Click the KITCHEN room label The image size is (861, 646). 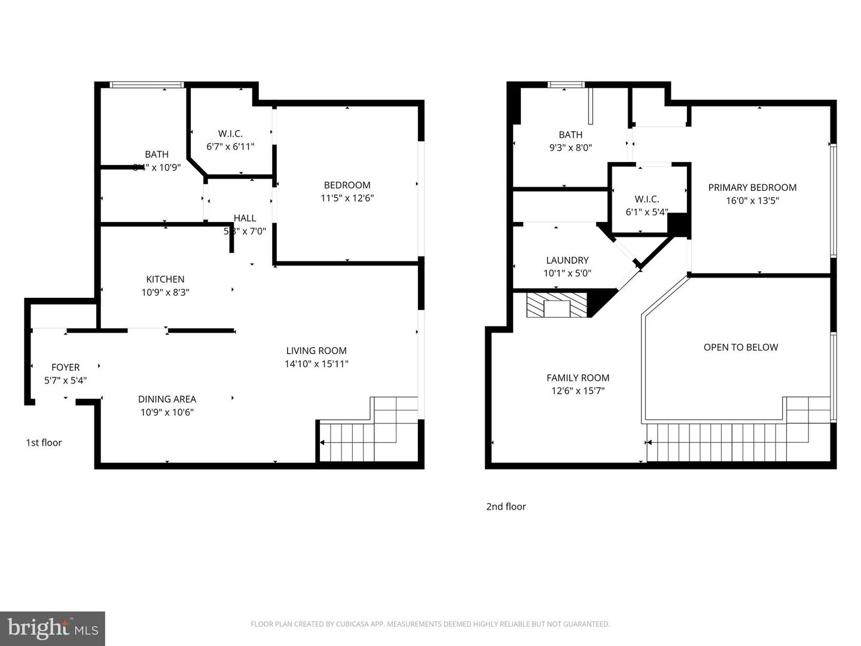tap(165, 279)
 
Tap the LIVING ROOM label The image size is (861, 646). tap(316, 351)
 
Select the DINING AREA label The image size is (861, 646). tap(167, 399)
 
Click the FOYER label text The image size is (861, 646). tap(65, 367)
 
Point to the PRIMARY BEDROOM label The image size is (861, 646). tap(752, 188)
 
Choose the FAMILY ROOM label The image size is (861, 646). tap(578, 378)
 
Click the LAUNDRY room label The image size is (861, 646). tap(567, 260)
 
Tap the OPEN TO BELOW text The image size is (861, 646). tap(741, 348)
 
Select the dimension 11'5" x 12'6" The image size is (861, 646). tap(347, 198)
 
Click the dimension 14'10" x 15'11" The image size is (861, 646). tap(316, 364)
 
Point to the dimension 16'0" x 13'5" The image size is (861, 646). tap(752, 201)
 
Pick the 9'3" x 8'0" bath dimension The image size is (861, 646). tap(570, 148)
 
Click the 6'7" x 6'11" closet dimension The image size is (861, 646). tap(230, 147)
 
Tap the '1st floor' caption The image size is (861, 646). tap(44, 443)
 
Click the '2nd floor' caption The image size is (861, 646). tap(506, 507)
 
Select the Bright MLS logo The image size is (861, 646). tap(53, 628)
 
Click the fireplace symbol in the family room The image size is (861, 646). tap(557, 305)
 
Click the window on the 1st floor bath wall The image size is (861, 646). tap(146, 85)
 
